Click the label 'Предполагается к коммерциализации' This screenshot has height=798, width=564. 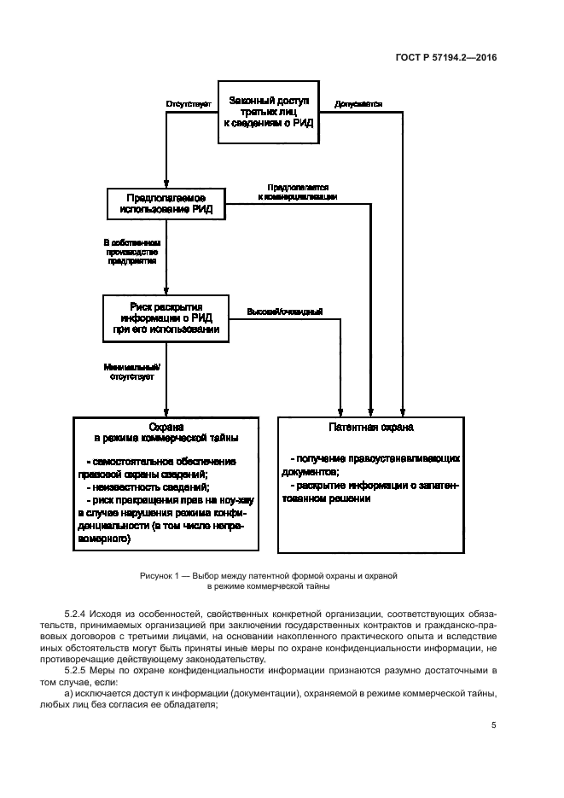pyautogui.click(x=297, y=191)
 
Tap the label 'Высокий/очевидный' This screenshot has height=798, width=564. pyautogui.click(x=284, y=311)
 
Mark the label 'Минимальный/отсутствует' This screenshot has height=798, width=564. pyautogui.click(x=125, y=369)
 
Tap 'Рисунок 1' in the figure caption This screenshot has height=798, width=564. pyautogui.click(x=162, y=577)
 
